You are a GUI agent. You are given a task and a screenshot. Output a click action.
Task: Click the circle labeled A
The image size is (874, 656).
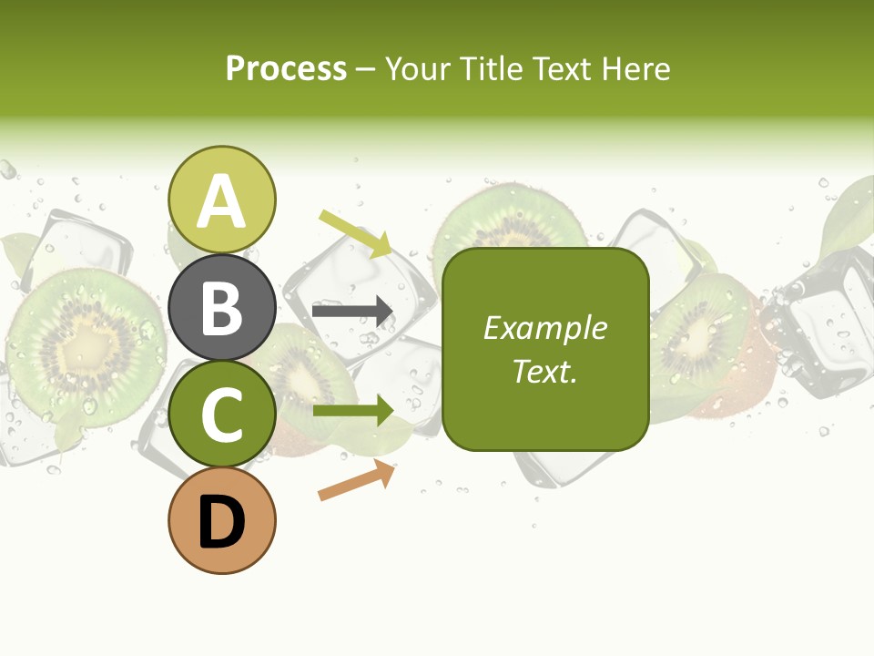[221, 200]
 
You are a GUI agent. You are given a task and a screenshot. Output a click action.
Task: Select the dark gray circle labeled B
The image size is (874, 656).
[221, 307]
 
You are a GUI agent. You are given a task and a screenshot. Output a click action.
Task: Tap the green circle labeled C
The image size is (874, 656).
[221, 414]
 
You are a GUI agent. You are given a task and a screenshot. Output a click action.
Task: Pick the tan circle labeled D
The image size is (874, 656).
[221, 521]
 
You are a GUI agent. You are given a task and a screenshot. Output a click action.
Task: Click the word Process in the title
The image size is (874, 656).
[286, 68]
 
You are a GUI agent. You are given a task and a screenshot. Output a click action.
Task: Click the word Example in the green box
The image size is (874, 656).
[545, 328]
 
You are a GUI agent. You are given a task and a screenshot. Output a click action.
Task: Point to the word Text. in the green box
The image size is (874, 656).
[545, 371]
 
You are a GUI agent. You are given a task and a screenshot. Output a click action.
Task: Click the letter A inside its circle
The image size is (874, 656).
[221, 201]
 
